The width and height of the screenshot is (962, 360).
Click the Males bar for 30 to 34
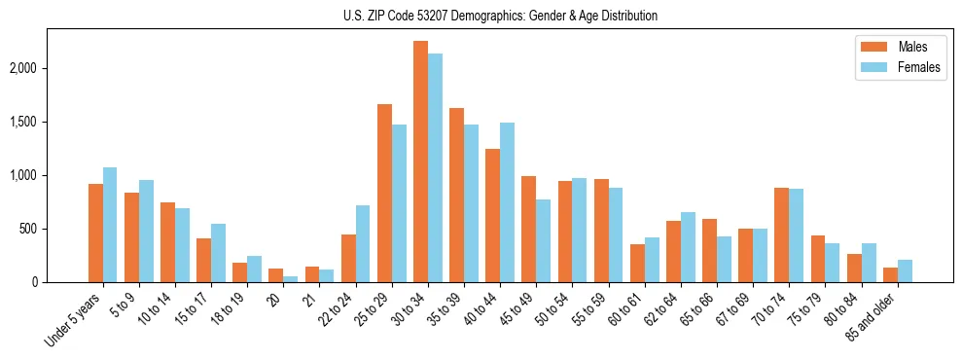(420, 162)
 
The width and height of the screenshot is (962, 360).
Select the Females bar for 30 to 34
(435, 167)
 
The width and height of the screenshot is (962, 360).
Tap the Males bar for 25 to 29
(384, 193)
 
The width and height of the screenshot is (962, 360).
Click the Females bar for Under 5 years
(110, 225)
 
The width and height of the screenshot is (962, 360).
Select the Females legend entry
(892, 67)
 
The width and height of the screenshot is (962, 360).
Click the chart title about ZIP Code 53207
(500, 16)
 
